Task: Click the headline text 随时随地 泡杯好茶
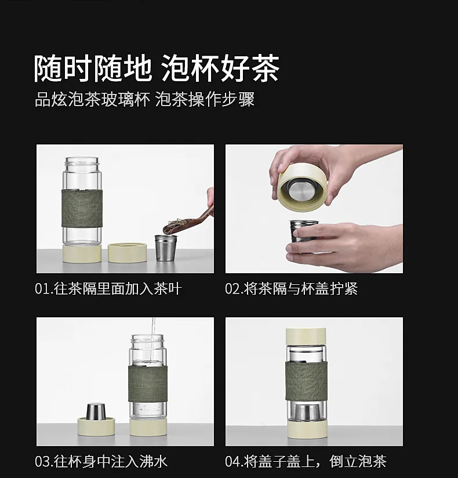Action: (157, 68)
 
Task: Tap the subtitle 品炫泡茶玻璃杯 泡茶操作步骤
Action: (144, 99)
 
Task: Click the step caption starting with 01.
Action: (108, 288)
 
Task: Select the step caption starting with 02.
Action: (291, 288)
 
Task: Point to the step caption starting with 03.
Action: (101, 461)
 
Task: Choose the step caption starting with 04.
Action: (306, 461)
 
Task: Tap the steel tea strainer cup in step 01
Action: (166, 247)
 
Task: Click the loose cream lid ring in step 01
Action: (128, 253)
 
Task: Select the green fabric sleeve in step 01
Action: (82, 208)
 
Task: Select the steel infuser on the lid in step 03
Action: (96, 411)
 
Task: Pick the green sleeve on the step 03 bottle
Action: (148, 384)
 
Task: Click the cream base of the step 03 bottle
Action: (148, 427)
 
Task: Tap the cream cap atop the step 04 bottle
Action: (306, 336)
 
